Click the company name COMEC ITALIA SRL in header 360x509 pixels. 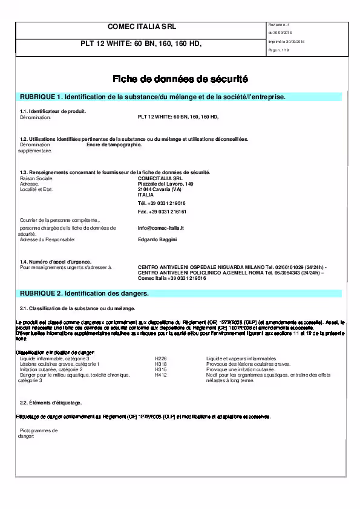[141, 27]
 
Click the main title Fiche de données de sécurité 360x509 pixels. [180, 79]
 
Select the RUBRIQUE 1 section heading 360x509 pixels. [152, 97]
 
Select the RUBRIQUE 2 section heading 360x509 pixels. [85, 293]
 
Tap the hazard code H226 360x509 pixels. [160, 358]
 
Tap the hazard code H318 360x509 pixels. [160, 364]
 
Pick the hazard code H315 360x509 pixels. [160, 369]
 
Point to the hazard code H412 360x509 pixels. [160, 375]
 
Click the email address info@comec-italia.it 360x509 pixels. [161, 228]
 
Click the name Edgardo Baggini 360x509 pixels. [157, 239]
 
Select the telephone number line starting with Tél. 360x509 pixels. [162, 203]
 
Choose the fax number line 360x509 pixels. [162, 212]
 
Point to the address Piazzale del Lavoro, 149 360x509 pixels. [166, 184]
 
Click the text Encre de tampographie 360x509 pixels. [114, 145]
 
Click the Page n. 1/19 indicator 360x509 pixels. [278, 51]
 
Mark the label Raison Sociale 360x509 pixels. [37, 178]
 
